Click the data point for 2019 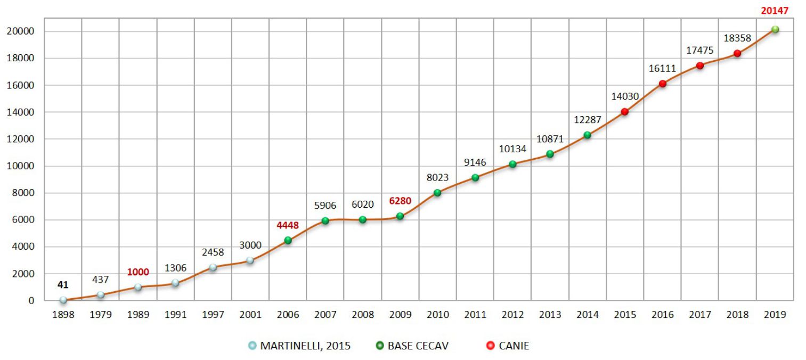tap(775, 30)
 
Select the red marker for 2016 tap(663, 84)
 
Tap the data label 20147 tap(775, 10)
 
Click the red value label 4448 tap(288, 225)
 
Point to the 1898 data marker tap(63, 300)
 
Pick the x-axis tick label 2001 tap(250, 315)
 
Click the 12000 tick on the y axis tap(23, 139)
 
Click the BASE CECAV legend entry tap(418, 346)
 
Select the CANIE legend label tap(514, 346)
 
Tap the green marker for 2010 tap(437, 193)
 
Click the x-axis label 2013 tap(550, 315)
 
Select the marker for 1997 tap(213, 267)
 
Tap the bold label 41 tap(63, 285)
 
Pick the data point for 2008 tap(363, 219)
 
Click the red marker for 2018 tap(737, 53)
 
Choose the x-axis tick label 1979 tap(101, 315)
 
